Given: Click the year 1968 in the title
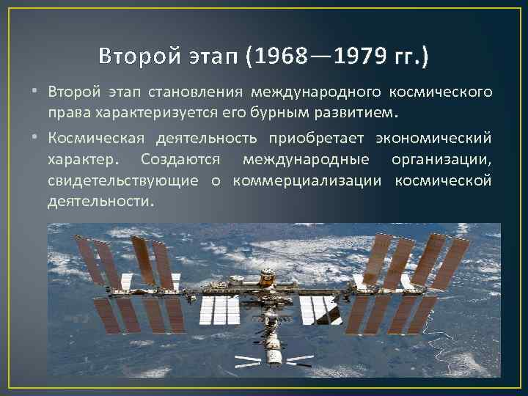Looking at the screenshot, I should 281,56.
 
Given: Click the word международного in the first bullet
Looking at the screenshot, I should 316,93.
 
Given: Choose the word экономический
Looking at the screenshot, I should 433,139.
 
